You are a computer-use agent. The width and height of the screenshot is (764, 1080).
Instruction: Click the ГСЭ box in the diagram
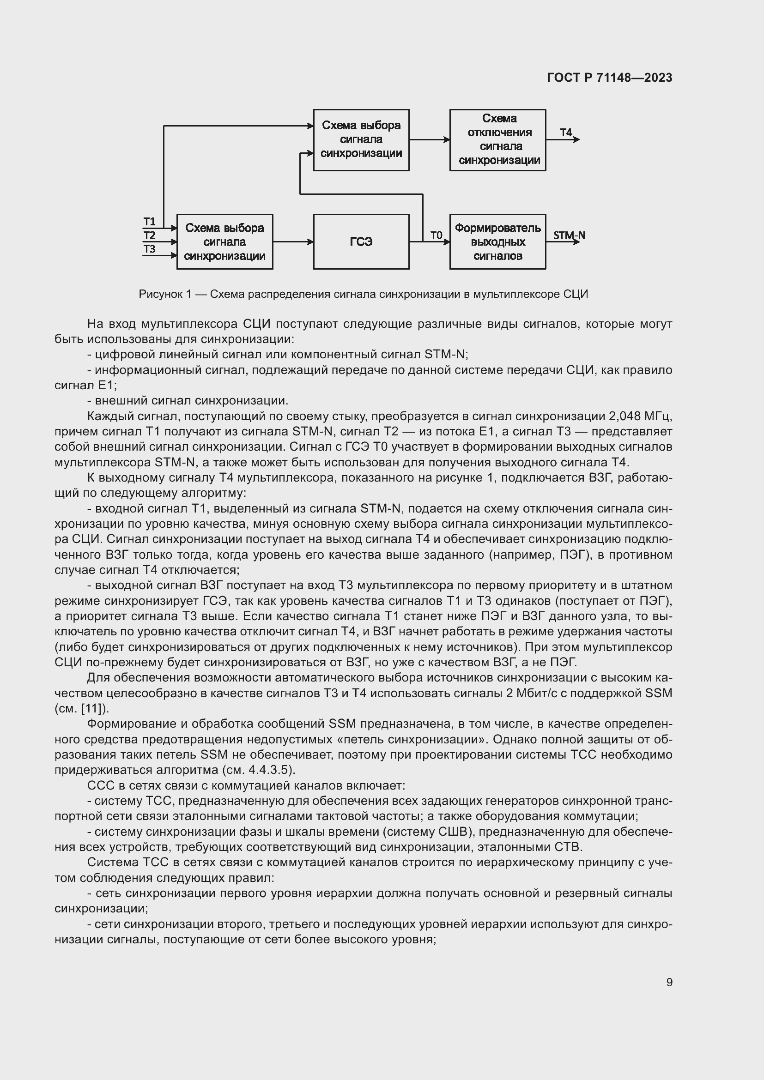(361, 242)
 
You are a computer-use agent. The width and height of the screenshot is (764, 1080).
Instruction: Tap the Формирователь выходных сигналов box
(497, 242)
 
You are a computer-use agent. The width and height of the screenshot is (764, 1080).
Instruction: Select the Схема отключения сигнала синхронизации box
(497, 140)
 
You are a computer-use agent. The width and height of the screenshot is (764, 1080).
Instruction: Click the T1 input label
(149, 222)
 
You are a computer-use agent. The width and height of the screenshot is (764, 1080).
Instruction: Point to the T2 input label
(149, 235)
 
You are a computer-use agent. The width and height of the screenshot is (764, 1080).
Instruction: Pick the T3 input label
(149, 249)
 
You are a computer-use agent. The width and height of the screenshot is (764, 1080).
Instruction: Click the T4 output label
(565, 133)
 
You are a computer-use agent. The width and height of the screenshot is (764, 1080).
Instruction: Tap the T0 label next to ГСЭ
(436, 235)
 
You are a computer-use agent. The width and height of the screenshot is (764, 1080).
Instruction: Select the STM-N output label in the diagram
(569, 235)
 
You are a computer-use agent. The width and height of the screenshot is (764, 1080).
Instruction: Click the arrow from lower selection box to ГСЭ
(293, 242)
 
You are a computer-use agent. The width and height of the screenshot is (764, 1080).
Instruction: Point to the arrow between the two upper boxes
(429, 140)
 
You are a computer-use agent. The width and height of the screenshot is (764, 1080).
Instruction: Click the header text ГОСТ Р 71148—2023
(609, 78)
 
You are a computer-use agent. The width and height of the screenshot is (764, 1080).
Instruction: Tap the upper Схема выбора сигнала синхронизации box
(361, 140)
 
